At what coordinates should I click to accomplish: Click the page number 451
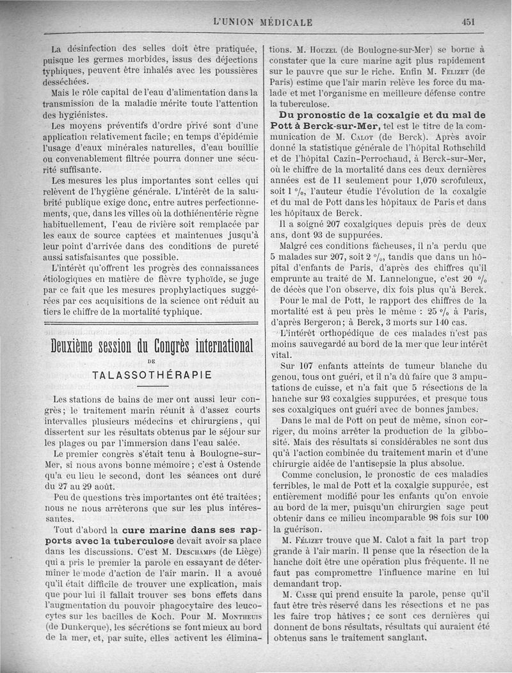467,21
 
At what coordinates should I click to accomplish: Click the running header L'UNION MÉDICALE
262,22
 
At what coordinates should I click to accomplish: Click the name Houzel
330,49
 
